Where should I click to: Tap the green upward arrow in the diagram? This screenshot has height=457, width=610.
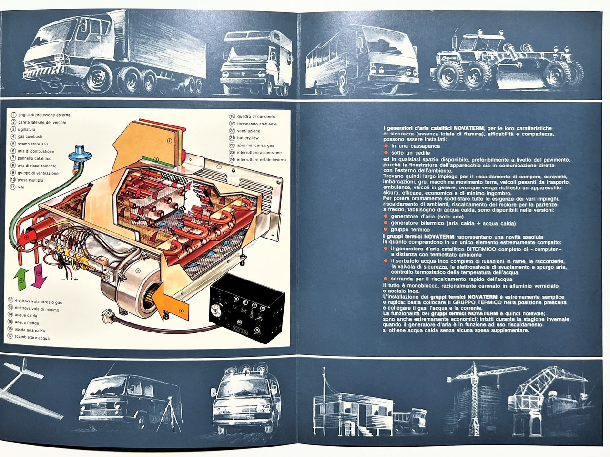click(22, 280)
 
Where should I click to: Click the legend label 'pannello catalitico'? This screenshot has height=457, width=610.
click(34, 158)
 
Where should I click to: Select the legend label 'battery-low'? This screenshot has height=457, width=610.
click(248, 138)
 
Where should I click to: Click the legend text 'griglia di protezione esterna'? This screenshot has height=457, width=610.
click(44, 115)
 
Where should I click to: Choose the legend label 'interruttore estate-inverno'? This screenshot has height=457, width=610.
click(262, 159)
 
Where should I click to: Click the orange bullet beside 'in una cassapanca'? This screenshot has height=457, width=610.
click(386, 146)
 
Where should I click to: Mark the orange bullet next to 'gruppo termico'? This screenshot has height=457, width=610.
click(386, 229)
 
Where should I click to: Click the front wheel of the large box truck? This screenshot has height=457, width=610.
click(96, 79)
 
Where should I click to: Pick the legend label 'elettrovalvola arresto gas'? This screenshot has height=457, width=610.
click(39, 302)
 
